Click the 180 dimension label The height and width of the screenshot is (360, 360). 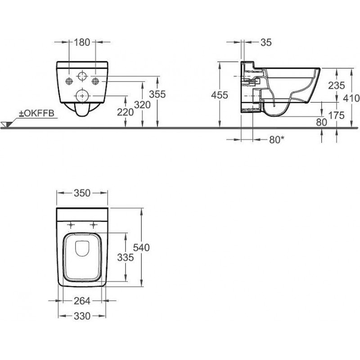click(82, 42)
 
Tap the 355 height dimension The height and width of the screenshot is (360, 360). click(157, 94)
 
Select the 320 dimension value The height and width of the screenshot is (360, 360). click(142, 105)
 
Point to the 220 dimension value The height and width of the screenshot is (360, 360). click(126, 112)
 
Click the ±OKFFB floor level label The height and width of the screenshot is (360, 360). click(36, 113)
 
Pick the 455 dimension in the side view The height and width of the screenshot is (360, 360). click(220, 95)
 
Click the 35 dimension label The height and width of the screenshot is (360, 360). click(266, 42)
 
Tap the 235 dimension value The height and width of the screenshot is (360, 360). click(336, 85)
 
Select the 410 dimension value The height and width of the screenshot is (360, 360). click(351, 98)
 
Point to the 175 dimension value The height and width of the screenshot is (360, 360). click(336, 116)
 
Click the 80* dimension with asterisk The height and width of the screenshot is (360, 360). click(277, 139)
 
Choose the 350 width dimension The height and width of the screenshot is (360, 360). click(82, 193)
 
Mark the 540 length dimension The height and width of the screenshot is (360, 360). click(141, 247)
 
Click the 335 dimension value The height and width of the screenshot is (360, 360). click(126, 257)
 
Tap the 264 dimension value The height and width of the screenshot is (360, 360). click(82, 301)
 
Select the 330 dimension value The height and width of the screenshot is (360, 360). click(82, 316)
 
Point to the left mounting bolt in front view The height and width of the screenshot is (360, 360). click(69, 81)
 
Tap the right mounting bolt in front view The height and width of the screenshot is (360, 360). click(95, 81)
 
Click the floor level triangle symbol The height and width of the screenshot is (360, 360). click(7, 124)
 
